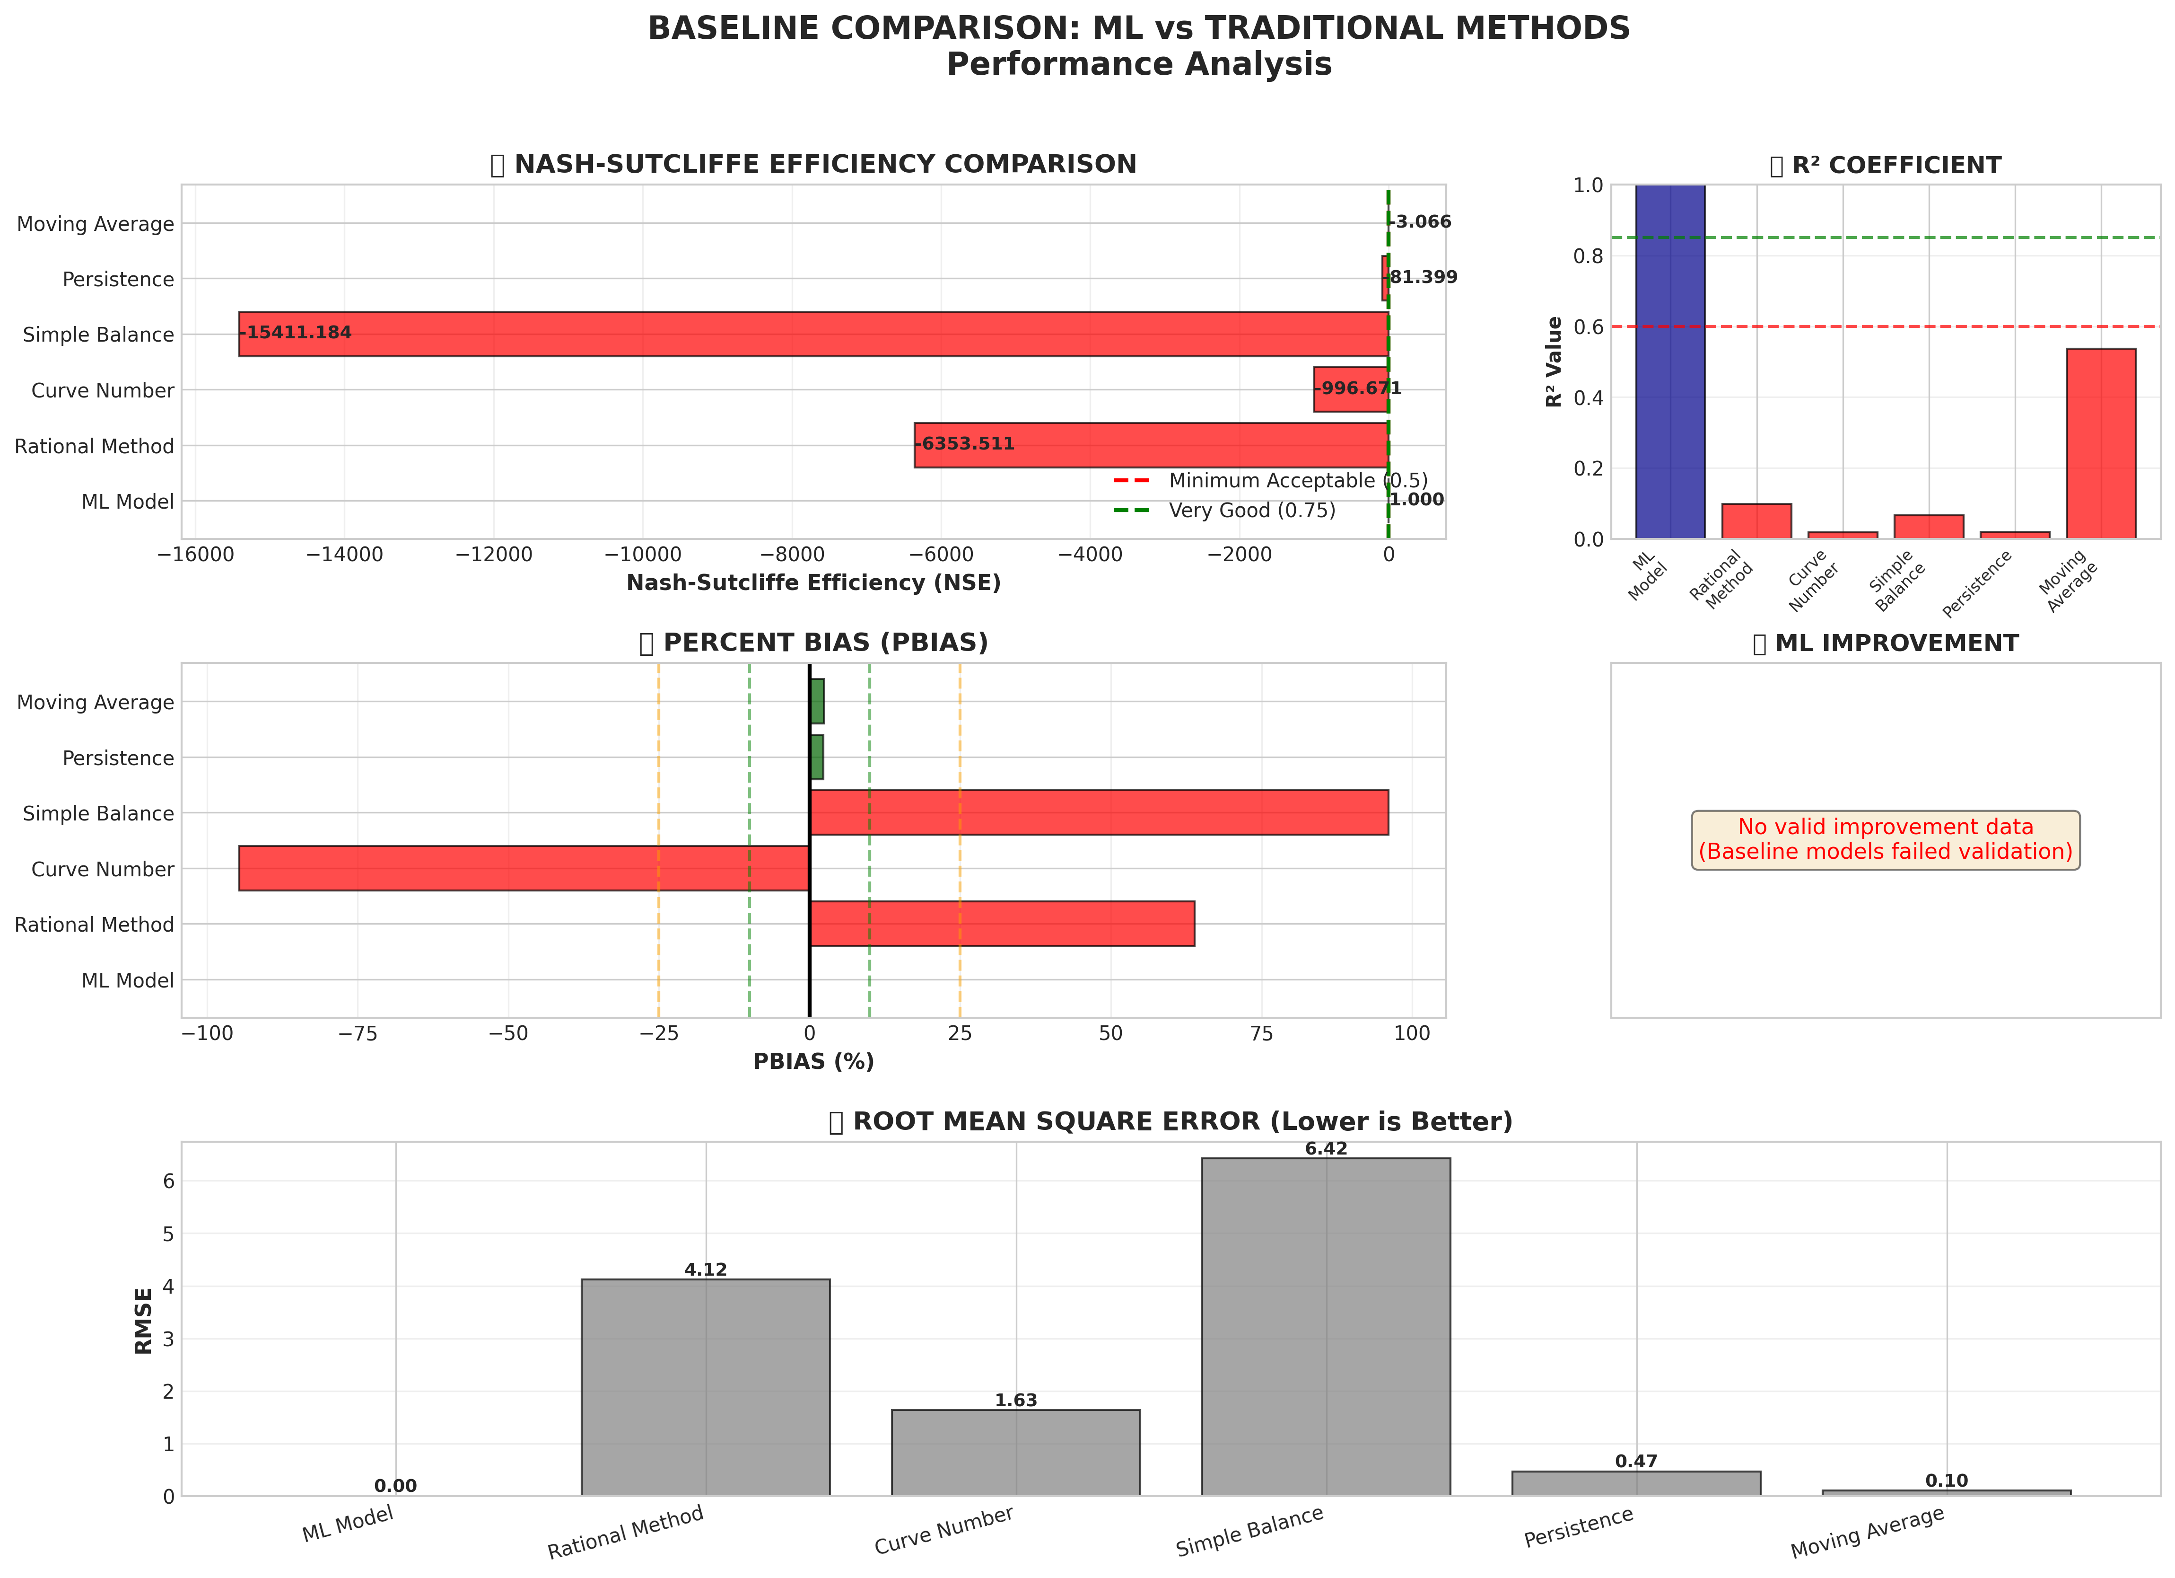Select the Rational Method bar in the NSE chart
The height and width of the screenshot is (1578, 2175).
tap(1151, 445)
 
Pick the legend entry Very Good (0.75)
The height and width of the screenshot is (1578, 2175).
tap(1251, 511)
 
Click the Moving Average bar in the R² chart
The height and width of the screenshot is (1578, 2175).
tap(2100, 443)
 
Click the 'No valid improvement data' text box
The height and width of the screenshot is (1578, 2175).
tap(1886, 839)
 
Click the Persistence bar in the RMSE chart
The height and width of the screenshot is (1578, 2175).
tap(1636, 1483)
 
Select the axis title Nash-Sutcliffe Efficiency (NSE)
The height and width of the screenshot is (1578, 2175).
tap(813, 583)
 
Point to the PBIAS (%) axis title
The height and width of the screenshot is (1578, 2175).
tap(813, 1062)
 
